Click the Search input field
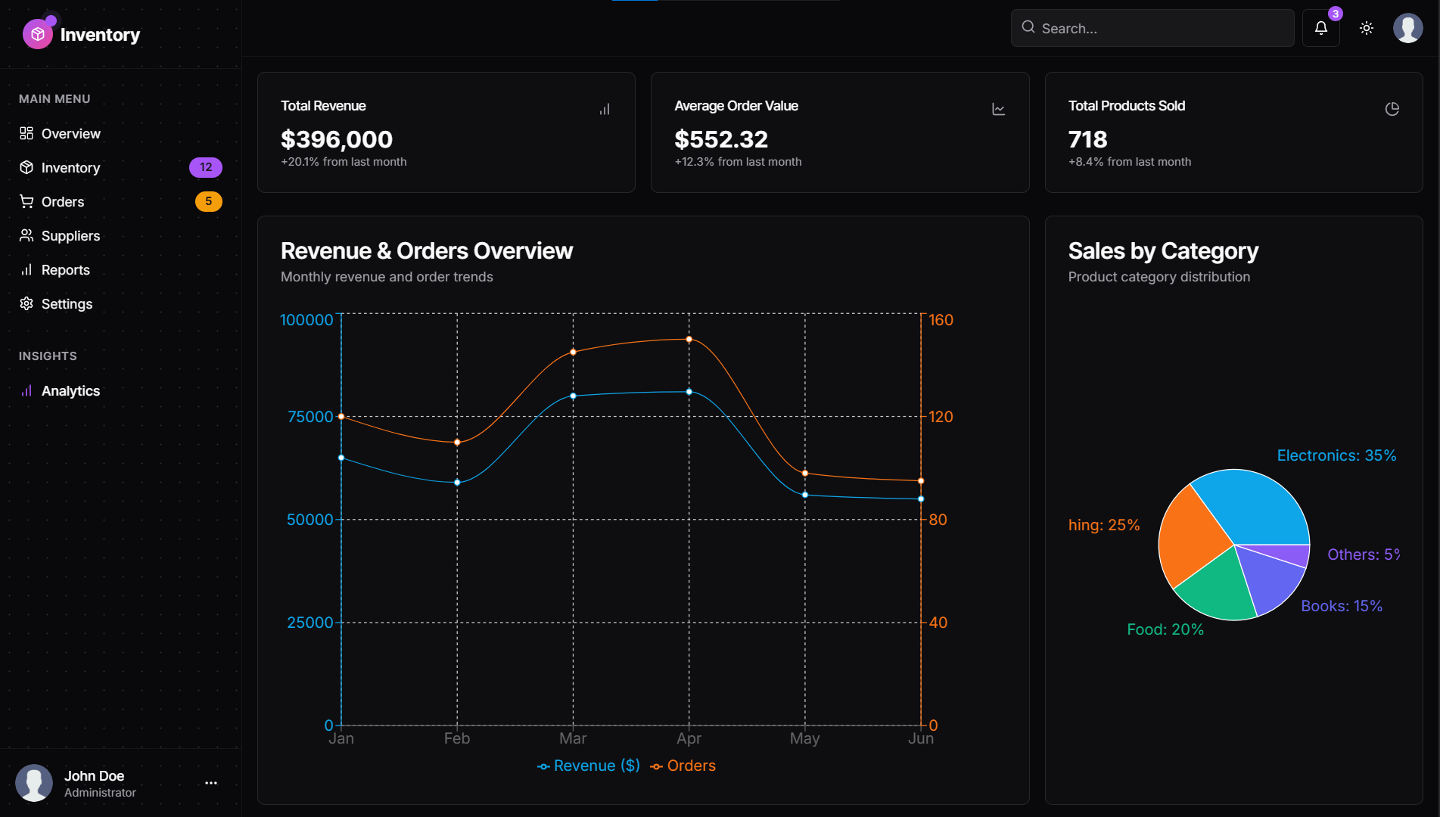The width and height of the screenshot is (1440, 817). (1152, 28)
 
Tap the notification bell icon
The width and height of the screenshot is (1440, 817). (1320, 28)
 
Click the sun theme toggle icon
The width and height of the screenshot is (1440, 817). (1366, 28)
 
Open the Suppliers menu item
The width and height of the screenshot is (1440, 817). (70, 236)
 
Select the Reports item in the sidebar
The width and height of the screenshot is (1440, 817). (65, 270)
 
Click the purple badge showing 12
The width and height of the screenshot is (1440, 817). (206, 167)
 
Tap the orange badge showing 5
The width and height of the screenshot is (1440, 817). (208, 201)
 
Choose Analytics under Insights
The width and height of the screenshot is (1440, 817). (70, 391)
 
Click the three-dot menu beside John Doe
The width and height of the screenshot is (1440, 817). (211, 783)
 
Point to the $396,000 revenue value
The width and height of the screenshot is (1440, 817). (337, 139)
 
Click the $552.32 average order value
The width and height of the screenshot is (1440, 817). (721, 139)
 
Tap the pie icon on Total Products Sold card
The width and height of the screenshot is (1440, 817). (1392, 109)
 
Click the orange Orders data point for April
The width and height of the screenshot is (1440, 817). (689, 339)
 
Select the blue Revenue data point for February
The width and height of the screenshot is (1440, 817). (457, 483)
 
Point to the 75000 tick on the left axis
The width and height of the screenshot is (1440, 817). (310, 417)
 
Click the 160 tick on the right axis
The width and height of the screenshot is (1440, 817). (941, 320)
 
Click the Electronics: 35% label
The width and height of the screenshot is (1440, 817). (1336, 455)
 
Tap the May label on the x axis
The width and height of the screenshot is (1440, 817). (804, 738)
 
